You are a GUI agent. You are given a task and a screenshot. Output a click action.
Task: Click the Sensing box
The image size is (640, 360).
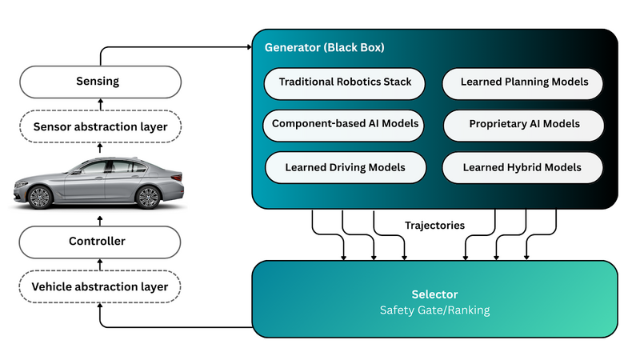click(100, 81)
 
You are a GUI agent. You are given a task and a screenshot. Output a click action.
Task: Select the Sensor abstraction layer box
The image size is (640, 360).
click(100, 126)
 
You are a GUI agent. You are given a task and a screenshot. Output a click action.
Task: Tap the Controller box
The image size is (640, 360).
click(100, 241)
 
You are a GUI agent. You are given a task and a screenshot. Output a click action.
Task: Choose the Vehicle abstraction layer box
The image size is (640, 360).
click(100, 286)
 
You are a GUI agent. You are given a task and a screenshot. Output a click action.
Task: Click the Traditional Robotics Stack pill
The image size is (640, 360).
click(345, 82)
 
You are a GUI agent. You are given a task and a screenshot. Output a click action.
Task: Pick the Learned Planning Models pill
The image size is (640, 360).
click(524, 82)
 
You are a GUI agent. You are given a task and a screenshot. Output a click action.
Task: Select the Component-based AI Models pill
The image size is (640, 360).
click(345, 124)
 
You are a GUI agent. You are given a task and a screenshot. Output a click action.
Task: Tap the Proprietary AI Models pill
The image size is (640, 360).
click(524, 124)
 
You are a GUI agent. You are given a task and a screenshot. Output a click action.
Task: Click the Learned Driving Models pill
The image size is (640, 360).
click(345, 167)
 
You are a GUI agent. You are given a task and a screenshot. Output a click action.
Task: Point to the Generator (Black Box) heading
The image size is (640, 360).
click(325, 48)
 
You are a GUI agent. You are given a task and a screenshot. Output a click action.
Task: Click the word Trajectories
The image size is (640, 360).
click(434, 226)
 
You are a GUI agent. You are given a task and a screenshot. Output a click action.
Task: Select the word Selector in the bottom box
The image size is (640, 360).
click(436, 294)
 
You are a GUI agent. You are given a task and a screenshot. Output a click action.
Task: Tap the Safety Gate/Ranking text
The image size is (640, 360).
click(436, 310)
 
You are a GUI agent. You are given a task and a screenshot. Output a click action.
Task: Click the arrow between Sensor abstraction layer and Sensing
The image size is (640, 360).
click(100, 104)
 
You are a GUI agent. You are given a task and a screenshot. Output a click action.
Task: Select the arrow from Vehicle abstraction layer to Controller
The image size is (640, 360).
click(100, 264)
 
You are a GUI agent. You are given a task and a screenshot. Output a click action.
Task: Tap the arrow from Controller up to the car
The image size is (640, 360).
click(100, 218)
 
